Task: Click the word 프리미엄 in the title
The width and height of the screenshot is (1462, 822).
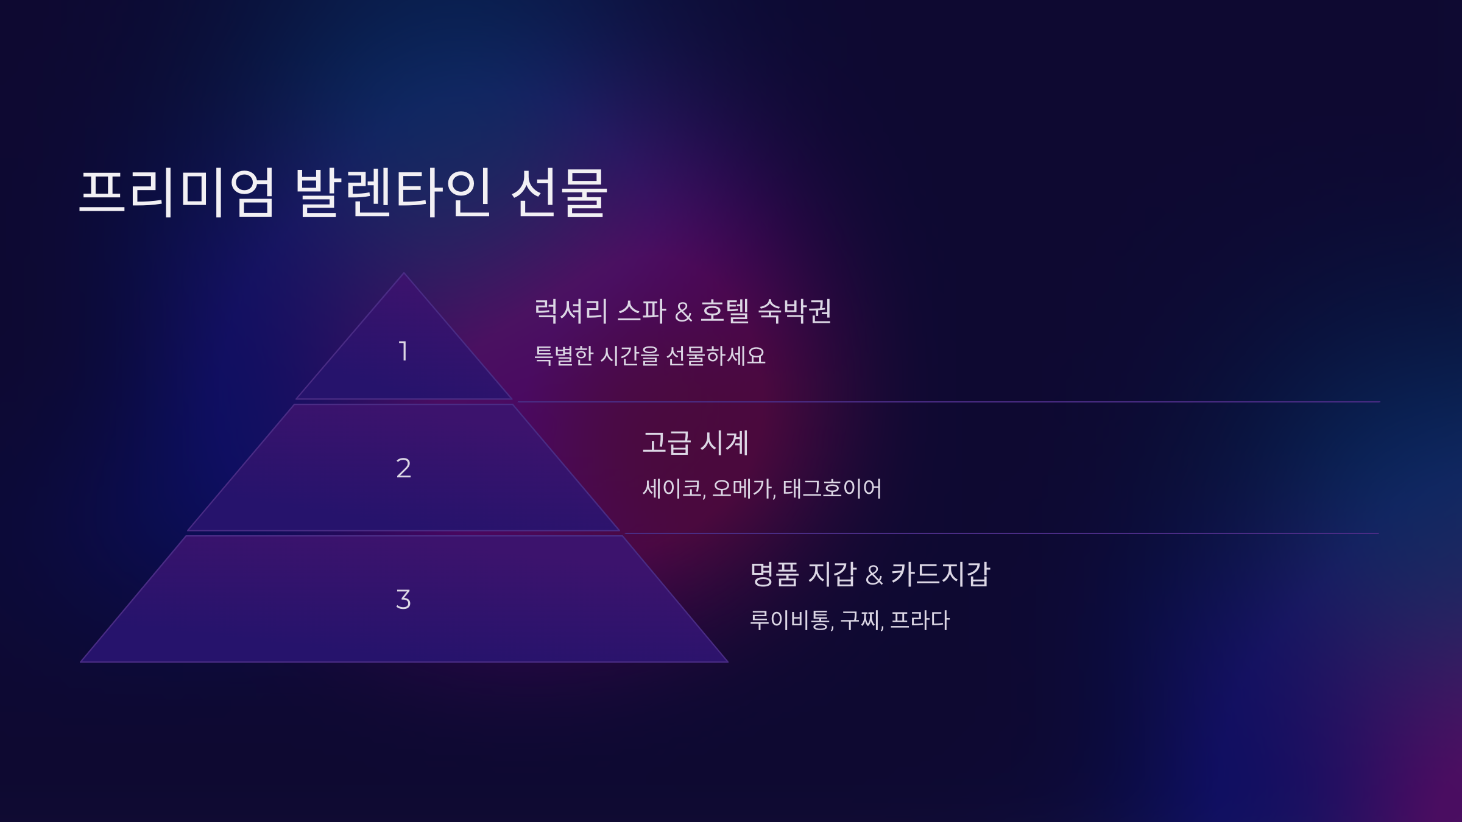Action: (177, 192)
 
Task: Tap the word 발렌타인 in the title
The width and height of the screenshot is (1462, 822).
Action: (393, 192)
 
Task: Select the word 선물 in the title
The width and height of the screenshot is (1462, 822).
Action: (559, 192)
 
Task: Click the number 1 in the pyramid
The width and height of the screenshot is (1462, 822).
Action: (403, 351)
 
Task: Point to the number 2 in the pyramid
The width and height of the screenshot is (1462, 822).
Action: (403, 468)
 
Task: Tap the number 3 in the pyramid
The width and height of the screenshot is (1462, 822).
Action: (403, 600)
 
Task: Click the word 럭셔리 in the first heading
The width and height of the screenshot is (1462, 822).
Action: (571, 311)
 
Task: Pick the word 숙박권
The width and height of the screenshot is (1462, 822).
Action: (794, 311)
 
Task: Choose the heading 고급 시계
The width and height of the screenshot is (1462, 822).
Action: (695, 443)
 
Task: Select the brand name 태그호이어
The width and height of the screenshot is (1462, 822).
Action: (832, 488)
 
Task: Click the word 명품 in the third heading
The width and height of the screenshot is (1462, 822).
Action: (774, 574)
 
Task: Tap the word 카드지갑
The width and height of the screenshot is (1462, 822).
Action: (941, 574)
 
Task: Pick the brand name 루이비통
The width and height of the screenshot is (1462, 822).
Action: (791, 620)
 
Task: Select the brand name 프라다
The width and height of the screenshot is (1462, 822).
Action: (920, 620)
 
